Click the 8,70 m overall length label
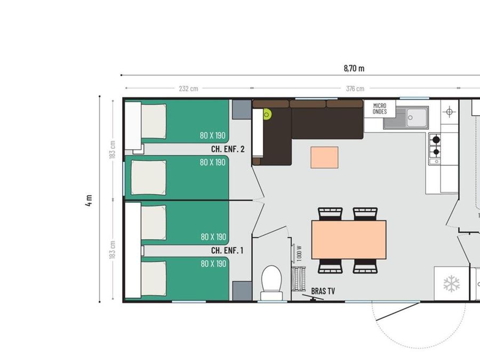(x=354, y=68)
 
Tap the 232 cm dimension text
(x=188, y=89)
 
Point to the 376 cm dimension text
(x=355, y=89)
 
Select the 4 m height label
(x=89, y=200)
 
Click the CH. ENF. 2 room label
(x=228, y=149)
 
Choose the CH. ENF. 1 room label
(x=227, y=251)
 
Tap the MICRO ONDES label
(x=380, y=109)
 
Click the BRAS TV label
(x=323, y=291)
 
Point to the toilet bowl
(x=271, y=282)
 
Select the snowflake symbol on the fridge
(x=452, y=283)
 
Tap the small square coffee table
(x=324, y=157)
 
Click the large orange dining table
(x=349, y=239)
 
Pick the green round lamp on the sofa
(x=267, y=115)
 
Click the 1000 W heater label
(x=299, y=253)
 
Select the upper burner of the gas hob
(x=436, y=140)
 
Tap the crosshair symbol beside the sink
(x=449, y=112)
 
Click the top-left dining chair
(x=330, y=214)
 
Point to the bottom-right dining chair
(x=365, y=266)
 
